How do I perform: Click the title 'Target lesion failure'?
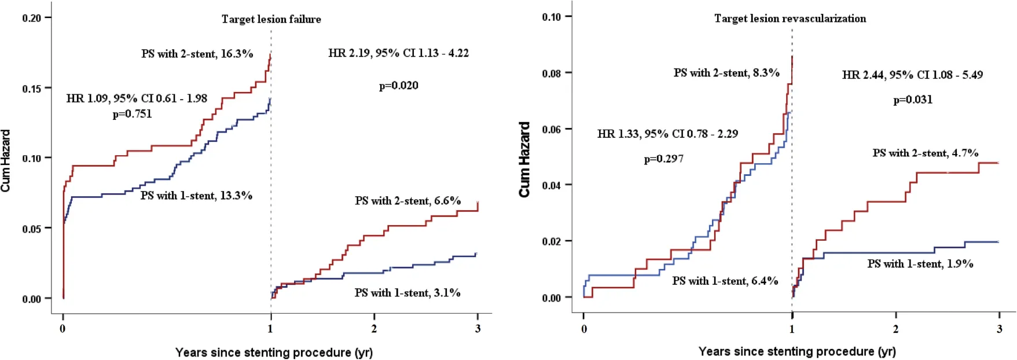[x=271, y=19]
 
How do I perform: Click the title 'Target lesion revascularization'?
[x=790, y=19]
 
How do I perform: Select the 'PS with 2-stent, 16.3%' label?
[x=197, y=54]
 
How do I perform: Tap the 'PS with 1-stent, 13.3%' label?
[x=196, y=196]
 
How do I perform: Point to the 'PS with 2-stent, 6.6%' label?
[x=407, y=201]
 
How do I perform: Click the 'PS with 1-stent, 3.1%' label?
[x=407, y=293]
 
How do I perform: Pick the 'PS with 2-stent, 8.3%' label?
[x=726, y=73]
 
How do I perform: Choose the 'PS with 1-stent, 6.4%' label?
[x=725, y=281]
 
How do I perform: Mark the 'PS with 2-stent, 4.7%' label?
[x=925, y=153]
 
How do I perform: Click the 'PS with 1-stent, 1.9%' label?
[x=920, y=264]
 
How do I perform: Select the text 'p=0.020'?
[x=398, y=86]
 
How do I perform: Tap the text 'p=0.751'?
[x=132, y=114]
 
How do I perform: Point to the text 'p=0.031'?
[x=913, y=100]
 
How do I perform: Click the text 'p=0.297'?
[x=663, y=159]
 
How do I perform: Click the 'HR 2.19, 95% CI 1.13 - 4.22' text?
[x=398, y=53]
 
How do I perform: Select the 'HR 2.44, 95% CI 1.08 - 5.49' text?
[x=912, y=75]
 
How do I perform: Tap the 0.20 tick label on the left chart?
[x=32, y=18]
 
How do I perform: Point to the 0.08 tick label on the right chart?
[x=552, y=74]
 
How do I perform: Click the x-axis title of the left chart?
[x=274, y=352]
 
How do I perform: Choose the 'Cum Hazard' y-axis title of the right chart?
[x=524, y=159]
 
